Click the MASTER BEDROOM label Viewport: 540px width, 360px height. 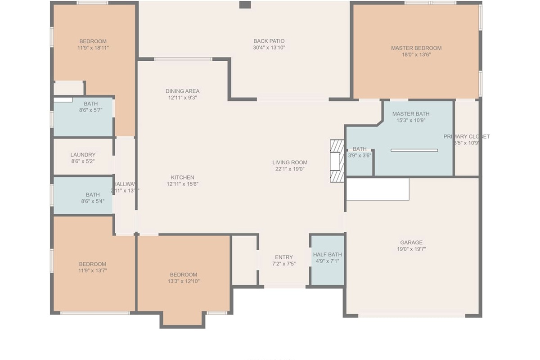tap(416, 48)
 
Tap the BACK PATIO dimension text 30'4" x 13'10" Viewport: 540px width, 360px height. tap(269, 47)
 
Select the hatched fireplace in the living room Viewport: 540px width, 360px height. tap(337, 161)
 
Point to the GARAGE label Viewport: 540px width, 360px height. tap(411, 243)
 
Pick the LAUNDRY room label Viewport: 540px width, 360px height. tap(83, 155)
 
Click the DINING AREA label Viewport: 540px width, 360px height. tap(182, 91)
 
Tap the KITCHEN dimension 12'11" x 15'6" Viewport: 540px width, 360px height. tap(182, 184)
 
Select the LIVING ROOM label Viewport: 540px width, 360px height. tap(290, 162)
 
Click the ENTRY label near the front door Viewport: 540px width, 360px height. tap(284, 257)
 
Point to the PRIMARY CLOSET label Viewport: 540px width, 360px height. tap(466, 137)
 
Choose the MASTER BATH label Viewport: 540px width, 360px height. tap(410, 114)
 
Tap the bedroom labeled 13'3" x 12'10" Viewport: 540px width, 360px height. tap(183, 278)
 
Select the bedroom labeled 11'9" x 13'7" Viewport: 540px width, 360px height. tap(93, 267)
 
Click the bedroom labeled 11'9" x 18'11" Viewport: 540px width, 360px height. tap(93, 44)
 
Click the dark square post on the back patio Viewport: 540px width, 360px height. tap(244, 5)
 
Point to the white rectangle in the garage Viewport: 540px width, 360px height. tap(378, 189)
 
